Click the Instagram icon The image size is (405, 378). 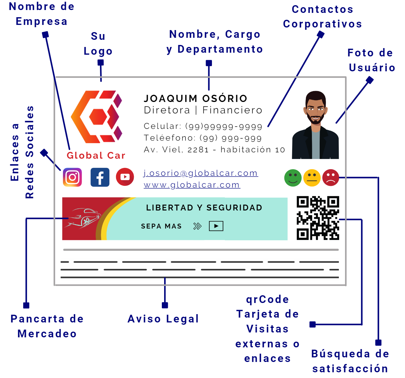[x=72, y=177]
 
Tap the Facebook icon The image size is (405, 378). [x=100, y=177]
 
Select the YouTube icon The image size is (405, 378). [x=125, y=177]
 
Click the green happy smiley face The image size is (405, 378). [x=293, y=178]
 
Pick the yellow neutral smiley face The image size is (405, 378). [x=312, y=178]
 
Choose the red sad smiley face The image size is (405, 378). [x=331, y=178]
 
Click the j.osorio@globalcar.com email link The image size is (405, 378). [x=200, y=173]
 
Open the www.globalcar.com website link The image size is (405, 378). [x=192, y=185]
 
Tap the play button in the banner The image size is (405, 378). [x=216, y=226]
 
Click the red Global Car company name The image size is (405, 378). [x=96, y=155]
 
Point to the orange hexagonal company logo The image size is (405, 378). [x=97, y=117]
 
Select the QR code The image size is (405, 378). [x=318, y=218]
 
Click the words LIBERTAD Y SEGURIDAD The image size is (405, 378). [x=204, y=208]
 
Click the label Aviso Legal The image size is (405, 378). [x=163, y=319]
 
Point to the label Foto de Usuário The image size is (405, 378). [x=371, y=60]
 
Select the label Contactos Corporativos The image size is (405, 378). [x=323, y=17]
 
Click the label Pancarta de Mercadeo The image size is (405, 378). [x=47, y=326]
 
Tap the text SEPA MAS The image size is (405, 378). [x=161, y=226]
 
